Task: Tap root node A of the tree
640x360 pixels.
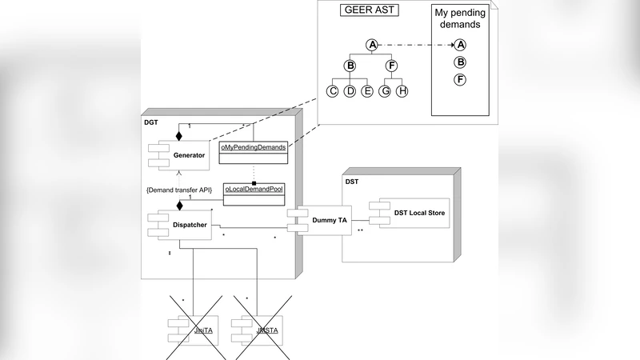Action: pyautogui.click(x=371, y=46)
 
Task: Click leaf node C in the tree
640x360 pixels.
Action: pyautogui.click(x=332, y=91)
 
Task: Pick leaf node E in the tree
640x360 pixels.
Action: pyautogui.click(x=367, y=91)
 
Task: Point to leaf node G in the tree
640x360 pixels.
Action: pyautogui.click(x=385, y=91)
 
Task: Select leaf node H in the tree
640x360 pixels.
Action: pyautogui.click(x=402, y=91)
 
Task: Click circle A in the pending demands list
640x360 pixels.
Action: pyautogui.click(x=460, y=46)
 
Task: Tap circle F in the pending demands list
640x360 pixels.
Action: pyautogui.click(x=460, y=79)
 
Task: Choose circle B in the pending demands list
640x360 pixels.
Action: pyautogui.click(x=460, y=62)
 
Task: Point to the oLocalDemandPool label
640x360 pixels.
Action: pyautogui.click(x=254, y=189)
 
